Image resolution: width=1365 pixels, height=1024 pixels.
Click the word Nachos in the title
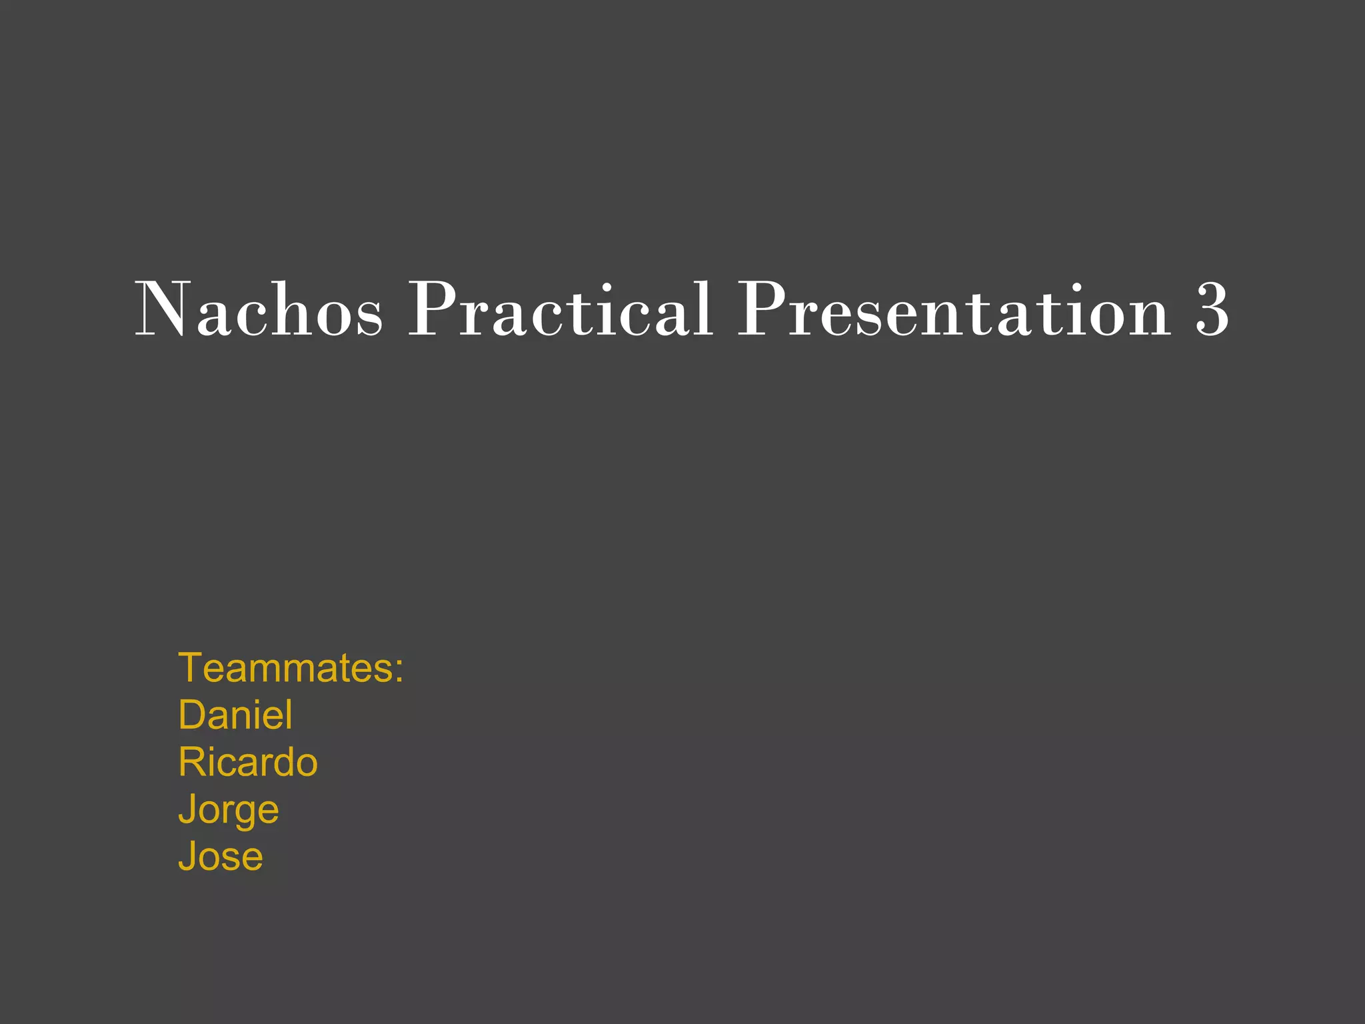point(259,310)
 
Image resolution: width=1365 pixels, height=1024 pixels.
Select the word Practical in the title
point(560,310)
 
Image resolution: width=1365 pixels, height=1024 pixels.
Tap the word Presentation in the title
point(953,310)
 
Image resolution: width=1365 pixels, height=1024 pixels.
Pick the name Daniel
point(235,715)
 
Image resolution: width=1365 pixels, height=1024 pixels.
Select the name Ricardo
point(247,762)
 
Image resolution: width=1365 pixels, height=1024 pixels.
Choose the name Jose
point(220,857)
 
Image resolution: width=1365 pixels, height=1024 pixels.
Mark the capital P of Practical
point(432,309)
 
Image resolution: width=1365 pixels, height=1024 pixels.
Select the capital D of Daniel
point(192,715)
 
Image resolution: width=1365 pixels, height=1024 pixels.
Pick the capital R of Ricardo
point(193,762)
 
